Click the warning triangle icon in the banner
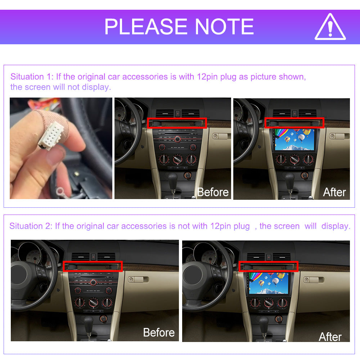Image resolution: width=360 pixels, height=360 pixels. click(x=330, y=27)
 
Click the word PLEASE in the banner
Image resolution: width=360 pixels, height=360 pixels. click(x=146, y=27)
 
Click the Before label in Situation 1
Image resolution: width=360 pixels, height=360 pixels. click(x=213, y=192)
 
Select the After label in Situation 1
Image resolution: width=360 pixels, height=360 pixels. click(x=334, y=192)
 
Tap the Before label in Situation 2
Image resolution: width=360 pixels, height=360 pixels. click(x=159, y=332)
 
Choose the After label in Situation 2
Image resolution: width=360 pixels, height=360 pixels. click(x=330, y=337)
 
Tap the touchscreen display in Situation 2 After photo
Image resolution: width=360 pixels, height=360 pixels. click(x=269, y=283)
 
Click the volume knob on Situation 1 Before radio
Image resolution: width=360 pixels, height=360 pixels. click(x=177, y=139)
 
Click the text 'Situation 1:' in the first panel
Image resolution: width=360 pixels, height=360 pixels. click(x=32, y=77)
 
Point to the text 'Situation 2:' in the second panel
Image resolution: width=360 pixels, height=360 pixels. click(x=31, y=226)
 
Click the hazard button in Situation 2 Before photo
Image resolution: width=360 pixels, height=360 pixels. click(x=94, y=257)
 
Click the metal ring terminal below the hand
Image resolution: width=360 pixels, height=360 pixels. click(x=60, y=191)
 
